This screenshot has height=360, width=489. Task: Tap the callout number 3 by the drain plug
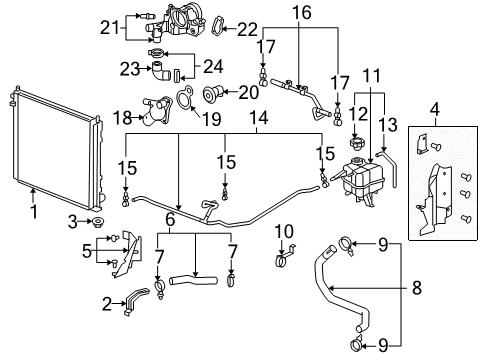tap(72, 220)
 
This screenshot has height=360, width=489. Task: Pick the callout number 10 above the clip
tap(283, 231)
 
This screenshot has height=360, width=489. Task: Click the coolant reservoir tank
tap(360, 179)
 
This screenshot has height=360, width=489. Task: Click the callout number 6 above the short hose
tap(171, 218)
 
